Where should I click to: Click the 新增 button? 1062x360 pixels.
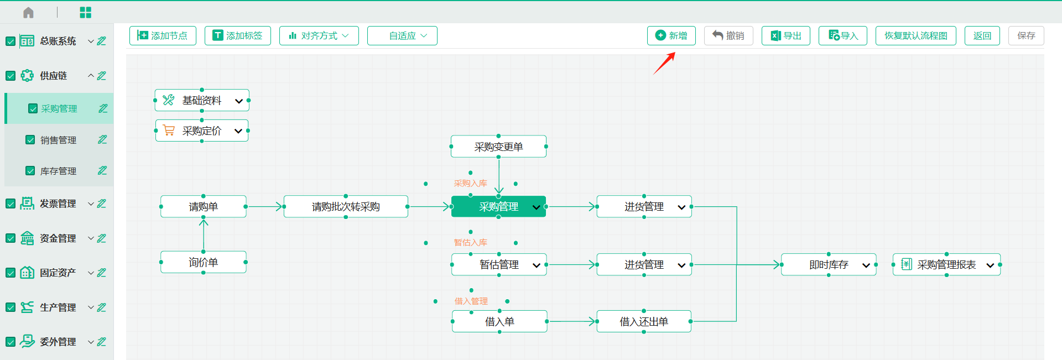[x=671, y=35]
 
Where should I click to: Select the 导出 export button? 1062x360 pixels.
[x=785, y=35]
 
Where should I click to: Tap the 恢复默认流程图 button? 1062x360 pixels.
[x=915, y=35]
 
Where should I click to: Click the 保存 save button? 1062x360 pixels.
[x=1026, y=35]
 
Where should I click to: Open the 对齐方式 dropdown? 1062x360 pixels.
[x=319, y=35]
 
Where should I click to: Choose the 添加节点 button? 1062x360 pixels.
[x=163, y=35]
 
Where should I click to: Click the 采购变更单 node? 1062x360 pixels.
[x=498, y=147]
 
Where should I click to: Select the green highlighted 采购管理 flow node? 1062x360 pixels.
[x=498, y=206]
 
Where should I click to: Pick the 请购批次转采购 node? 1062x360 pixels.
[x=346, y=206]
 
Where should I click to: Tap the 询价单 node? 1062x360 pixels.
[x=203, y=262]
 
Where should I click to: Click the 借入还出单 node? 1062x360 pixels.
[x=644, y=321]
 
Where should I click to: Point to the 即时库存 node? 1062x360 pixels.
[x=829, y=265]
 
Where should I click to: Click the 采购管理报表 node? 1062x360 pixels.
[x=946, y=265]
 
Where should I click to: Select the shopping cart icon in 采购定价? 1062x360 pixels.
[x=169, y=131]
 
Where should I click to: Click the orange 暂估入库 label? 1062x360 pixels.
[x=470, y=242]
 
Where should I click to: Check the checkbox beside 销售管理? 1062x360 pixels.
[x=30, y=140]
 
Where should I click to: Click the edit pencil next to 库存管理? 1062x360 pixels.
[x=102, y=170]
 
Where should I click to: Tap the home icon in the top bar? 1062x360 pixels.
[x=29, y=12]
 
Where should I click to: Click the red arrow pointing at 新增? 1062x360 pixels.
[x=664, y=63]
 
